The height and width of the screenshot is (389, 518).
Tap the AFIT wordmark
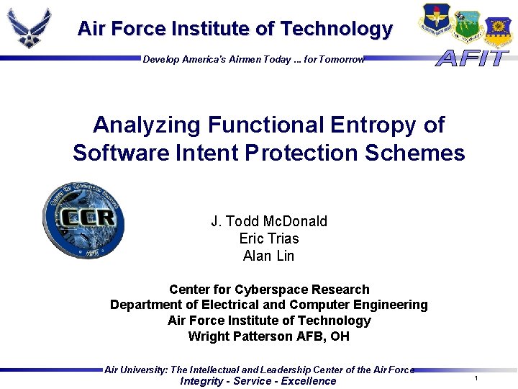pos(472,58)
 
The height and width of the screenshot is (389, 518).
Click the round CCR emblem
pos(83,220)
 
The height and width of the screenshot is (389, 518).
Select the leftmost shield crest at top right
pos(435,19)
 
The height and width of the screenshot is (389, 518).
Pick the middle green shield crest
pos(467,25)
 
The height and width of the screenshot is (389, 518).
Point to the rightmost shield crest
pos(497,31)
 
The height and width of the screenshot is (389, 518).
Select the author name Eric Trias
pos(268,238)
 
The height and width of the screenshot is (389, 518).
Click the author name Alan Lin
pos(268,256)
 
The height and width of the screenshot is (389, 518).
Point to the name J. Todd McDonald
pos(268,221)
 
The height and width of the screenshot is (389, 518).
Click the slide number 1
pos(476,378)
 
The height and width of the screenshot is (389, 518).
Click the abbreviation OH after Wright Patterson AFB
pos(340,336)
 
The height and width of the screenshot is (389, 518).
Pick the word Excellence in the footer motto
pos(308,381)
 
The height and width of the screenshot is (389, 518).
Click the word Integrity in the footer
pos(201,381)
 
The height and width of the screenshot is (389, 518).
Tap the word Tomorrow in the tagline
pos(342,60)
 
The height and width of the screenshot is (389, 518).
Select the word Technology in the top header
pos(336,29)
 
